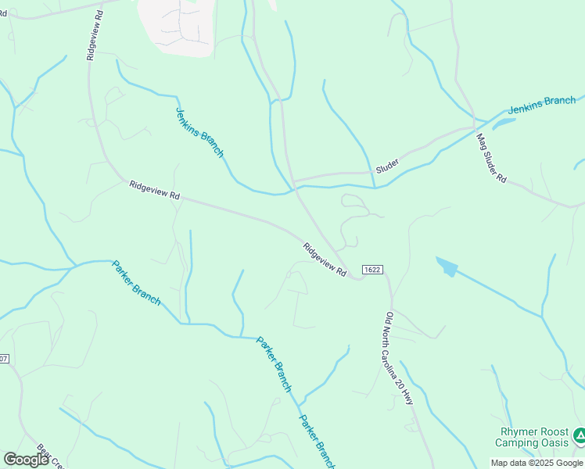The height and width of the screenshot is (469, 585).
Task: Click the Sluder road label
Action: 387,166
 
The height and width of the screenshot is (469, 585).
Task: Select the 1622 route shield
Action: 372,270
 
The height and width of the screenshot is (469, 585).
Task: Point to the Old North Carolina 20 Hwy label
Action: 399,359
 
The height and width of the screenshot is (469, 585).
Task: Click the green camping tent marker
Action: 579,435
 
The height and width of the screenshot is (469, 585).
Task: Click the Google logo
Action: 26,459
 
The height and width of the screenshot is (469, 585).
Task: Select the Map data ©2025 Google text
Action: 537,463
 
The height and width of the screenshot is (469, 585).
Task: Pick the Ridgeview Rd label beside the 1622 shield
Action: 325,259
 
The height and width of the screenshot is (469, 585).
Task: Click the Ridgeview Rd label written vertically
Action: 91,36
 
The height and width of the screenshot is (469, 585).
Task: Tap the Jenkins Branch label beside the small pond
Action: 542,106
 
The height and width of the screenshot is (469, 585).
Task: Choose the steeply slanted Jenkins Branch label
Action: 200,132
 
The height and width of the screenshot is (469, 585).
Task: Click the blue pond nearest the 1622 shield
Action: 447,267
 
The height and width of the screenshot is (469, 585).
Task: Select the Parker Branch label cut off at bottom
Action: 317,442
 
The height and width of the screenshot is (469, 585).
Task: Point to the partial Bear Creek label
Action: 44,459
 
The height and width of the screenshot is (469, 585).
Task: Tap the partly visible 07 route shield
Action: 4,359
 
